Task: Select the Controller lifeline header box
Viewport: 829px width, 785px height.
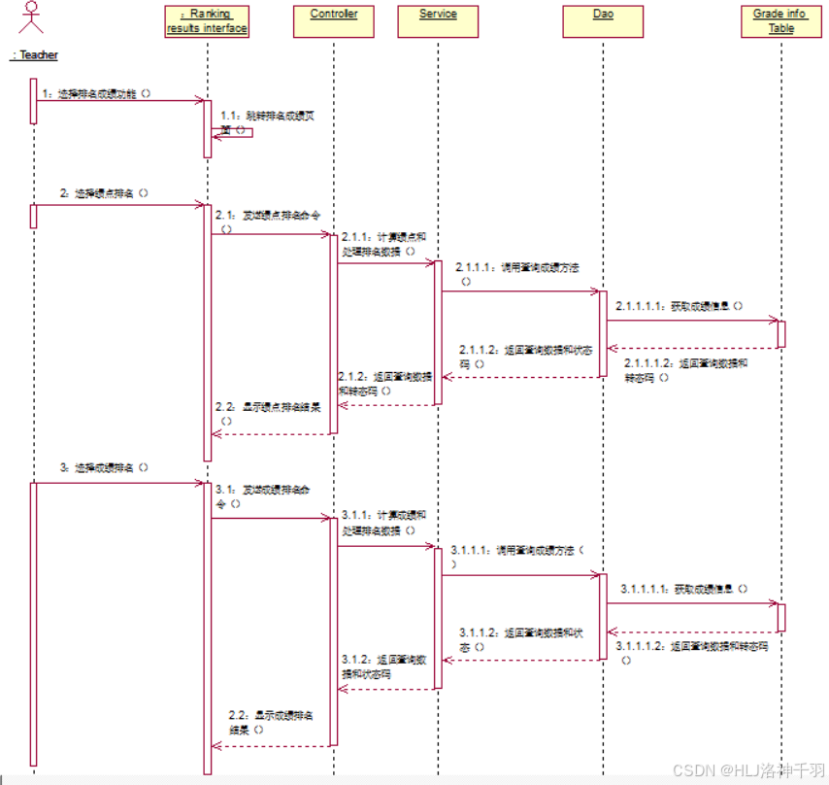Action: [x=333, y=21]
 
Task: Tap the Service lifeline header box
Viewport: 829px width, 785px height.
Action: [x=437, y=21]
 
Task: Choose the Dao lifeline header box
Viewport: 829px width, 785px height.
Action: [x=602, y=21]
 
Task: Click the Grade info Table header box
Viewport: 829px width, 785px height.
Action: [x=780, y=21]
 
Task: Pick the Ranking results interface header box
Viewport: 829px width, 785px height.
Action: [x=207, y=21]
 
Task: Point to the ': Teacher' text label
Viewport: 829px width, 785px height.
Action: [x=34, y=55]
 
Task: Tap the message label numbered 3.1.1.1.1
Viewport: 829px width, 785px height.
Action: [x=684, y=589]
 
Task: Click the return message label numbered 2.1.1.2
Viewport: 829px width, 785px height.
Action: [x=525, y=357]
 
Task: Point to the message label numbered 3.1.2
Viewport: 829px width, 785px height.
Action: [x=384, y=666]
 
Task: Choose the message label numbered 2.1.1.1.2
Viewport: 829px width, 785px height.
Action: [x=685, y=369]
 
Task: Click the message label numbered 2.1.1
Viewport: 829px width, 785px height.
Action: [x=383, y=243]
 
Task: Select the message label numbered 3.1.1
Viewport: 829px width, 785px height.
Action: [x=383, y=523]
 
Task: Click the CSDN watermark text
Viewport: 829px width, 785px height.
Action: [x=747, y=769]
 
